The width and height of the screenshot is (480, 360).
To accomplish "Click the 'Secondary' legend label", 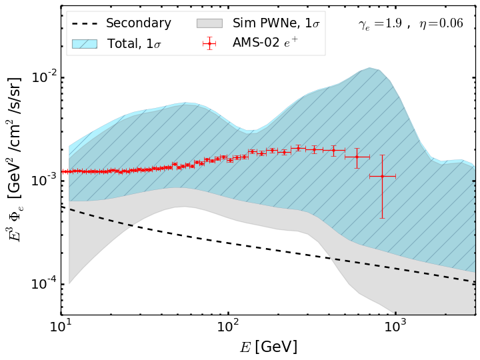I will point(139,23).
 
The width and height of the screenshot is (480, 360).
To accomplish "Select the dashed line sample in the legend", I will point(85,23).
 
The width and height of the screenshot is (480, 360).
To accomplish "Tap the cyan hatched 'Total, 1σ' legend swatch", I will point(85,44).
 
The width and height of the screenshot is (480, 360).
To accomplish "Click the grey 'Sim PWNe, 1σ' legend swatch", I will point(209,23).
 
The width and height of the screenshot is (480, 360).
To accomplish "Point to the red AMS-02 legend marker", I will point(209,43).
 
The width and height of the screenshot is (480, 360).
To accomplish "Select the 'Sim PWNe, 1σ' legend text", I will point(276,23).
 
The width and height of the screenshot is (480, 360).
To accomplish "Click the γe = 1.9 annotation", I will point(380,24).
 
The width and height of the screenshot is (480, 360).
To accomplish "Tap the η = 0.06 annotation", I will point(441,24).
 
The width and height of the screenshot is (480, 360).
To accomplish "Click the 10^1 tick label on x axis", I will point(61,327).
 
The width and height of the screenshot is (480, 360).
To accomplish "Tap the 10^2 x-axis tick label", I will point(228,327).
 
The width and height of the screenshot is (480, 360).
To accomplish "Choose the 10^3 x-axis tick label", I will point(395,327).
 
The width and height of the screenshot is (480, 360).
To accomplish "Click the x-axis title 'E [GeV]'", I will point(268,347).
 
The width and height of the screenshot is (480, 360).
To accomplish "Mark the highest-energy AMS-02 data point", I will point(382,176).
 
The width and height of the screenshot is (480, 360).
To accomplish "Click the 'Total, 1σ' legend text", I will point(134,44).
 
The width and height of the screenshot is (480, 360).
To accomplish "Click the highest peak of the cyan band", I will point(370,68).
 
